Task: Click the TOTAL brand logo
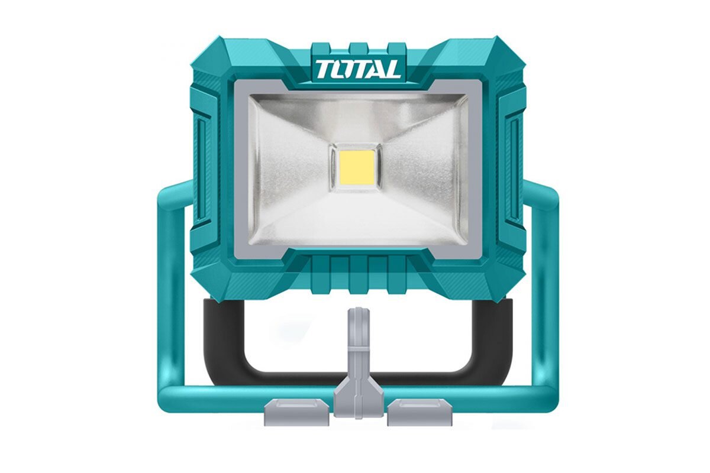(x=357, y=70)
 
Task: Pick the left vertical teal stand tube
(x=169, y=296)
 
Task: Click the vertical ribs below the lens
(x=357, y=275)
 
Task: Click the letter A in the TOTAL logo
(x=376, y=70)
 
